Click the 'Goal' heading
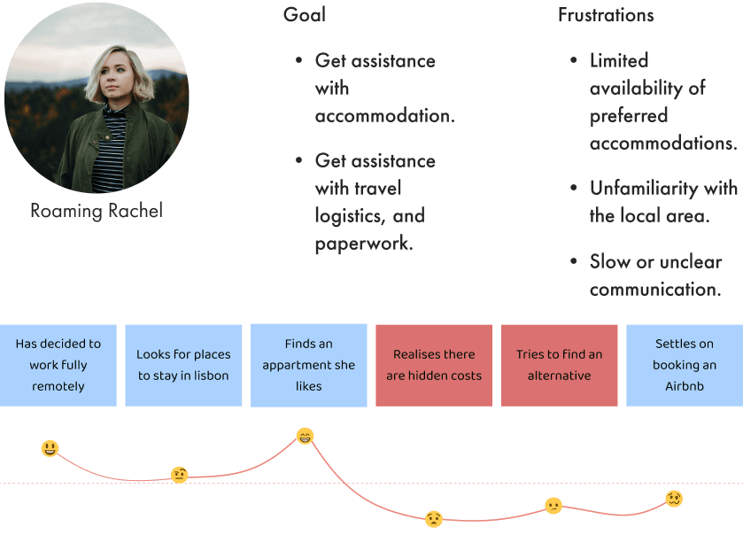(x=304, y=15)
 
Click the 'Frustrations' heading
(x=606, y=15)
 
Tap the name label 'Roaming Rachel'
(x=97, y=211)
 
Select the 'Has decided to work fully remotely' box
(x=58, y=365)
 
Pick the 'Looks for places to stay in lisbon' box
(x=183, y=365)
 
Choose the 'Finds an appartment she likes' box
(x=308, y=365)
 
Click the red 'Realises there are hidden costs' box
(x=434, y=365)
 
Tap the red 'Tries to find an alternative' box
(x=559, y=365)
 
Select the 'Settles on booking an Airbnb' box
(x=684, y=365)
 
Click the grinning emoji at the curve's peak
(x=305, y=436)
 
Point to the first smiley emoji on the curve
(x=50, y=449)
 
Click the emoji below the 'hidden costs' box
(x=433, y=519)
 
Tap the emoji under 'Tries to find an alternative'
(x=553, y=506)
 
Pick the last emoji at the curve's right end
(x=675, y=500)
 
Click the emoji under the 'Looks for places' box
(x=180, y=475)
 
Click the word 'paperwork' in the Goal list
(x=363, y=243)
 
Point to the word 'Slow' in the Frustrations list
(x=611, y=261)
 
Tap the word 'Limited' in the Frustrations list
(x=619, y=60)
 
